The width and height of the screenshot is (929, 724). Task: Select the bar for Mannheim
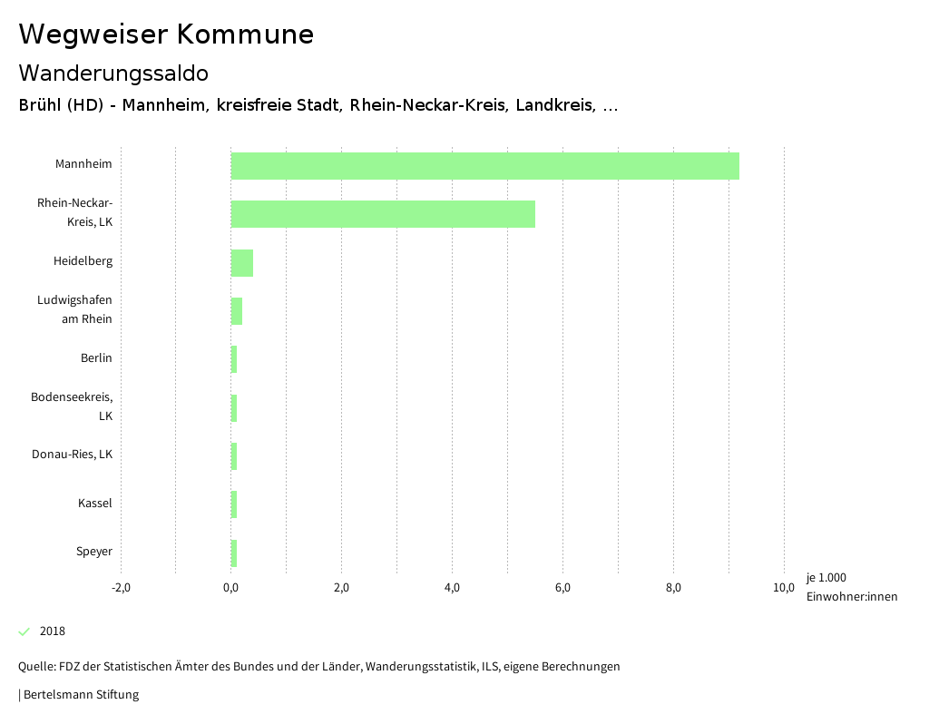485,166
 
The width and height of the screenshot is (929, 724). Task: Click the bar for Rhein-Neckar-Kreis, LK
383,214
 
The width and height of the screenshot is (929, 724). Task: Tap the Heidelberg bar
242,263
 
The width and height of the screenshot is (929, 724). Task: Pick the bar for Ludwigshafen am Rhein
237,311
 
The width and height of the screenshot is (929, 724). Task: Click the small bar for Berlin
234,359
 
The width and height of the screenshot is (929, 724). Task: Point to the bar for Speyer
234,553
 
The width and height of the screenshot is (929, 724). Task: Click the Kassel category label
95,503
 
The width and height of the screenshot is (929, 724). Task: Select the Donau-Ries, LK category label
72,455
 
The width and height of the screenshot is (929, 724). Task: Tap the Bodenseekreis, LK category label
72,406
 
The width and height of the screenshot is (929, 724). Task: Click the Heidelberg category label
83,261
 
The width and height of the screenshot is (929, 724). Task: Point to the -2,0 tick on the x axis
121,588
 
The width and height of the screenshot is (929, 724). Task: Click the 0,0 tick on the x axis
231,588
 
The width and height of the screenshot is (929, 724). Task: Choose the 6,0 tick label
562,588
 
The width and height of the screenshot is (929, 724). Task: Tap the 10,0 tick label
784,588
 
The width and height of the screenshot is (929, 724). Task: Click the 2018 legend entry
53,631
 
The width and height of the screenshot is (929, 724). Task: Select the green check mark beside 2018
24,631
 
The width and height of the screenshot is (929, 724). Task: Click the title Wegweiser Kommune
166,34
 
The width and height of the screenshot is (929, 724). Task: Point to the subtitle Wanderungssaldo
113,73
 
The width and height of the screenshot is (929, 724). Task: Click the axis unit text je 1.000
826,578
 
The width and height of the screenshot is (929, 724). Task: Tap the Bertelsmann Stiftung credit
80,695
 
